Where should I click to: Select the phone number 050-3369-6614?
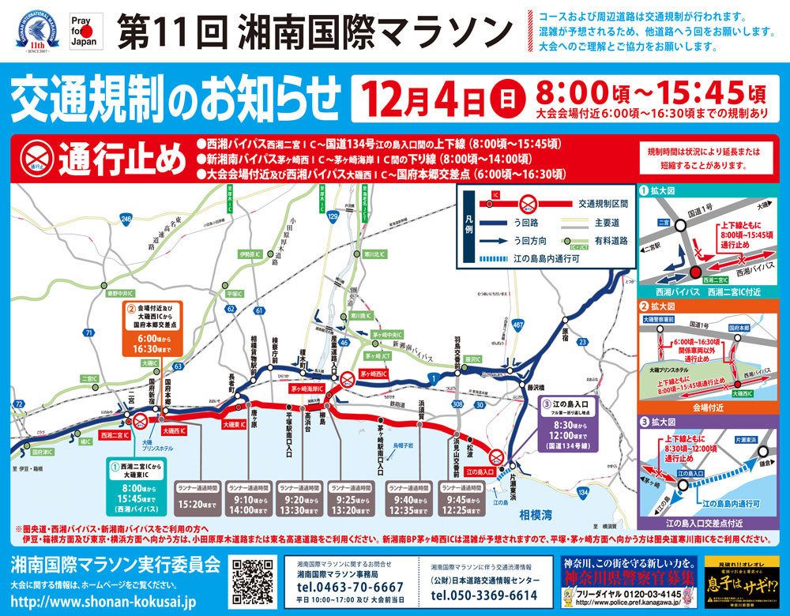tap(485, 594)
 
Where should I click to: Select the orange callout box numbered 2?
tap(153, 326)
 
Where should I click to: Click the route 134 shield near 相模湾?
tap(583, 492)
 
